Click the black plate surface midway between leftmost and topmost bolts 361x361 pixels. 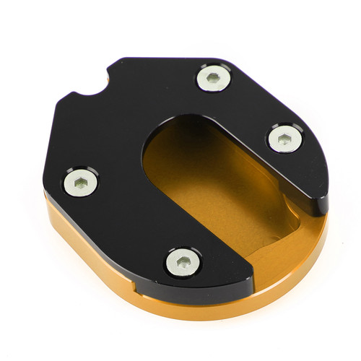(144, 130)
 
